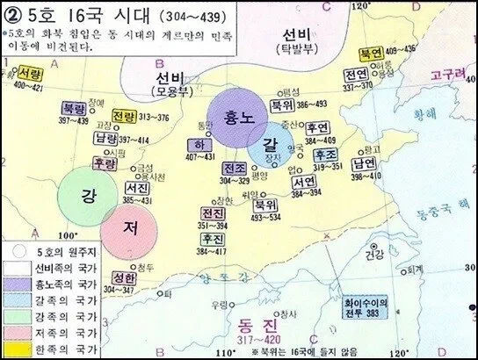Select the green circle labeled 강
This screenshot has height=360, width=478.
pyautogui.click(x=88, y=194)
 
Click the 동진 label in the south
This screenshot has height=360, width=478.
pyautogui.click(x=258, y=322)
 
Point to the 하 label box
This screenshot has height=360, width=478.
pyautogui.click(x=198, y=142)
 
